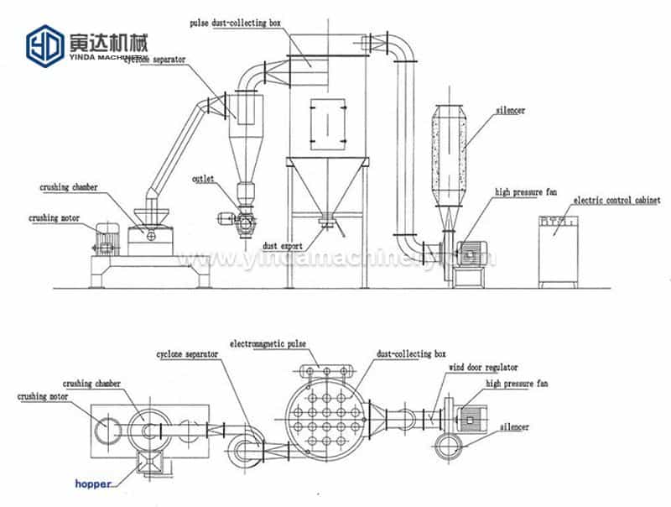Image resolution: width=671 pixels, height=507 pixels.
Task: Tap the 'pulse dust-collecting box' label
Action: [237, 24]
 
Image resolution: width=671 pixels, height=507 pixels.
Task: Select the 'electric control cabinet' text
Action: [616, 201]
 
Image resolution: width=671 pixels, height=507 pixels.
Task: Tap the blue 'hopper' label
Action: [92, 484]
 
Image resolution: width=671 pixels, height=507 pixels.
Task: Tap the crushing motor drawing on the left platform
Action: [107, 239]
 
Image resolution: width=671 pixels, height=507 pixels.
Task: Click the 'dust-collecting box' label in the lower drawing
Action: [411, 354]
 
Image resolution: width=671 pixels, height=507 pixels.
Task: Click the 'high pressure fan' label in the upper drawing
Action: [525, 192]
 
